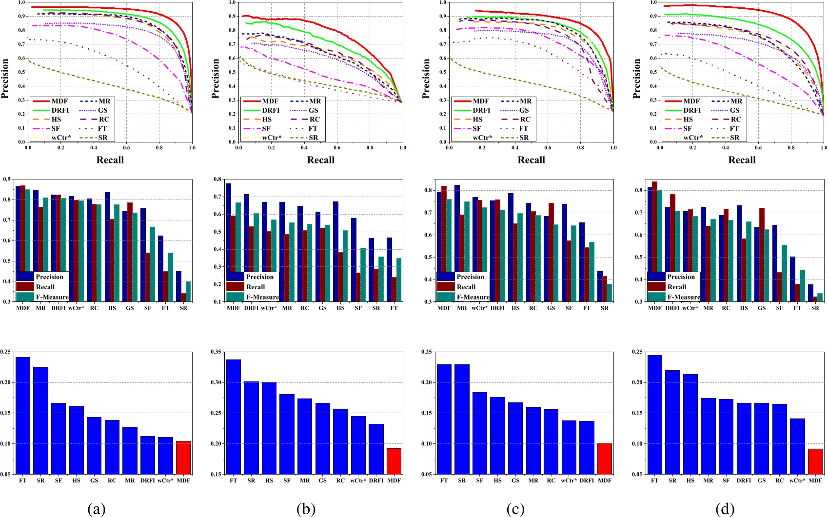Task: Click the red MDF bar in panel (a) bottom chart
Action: coord(183,457)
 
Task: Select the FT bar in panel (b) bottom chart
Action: coord(233,417)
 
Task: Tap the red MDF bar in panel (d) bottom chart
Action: coord(815,461)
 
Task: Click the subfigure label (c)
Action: coord(515,509)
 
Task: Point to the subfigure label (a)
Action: coord(96,509)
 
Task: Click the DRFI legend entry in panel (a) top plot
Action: coord(60,110)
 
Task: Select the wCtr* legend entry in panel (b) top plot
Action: coord(272,138)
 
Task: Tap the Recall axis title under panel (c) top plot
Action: coord(531,160)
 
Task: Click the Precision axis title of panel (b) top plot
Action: coord(216,79)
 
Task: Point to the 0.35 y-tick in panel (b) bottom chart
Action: coord(217,352)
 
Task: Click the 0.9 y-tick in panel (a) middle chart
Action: coord(6,179)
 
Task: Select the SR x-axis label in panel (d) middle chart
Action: coord(815,308)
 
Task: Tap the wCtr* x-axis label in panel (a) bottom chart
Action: coord(165,480)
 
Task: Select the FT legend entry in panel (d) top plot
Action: coord(734,128)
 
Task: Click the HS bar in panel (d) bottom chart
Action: coord(690,424)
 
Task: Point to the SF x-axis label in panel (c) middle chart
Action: coord(569,308)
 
